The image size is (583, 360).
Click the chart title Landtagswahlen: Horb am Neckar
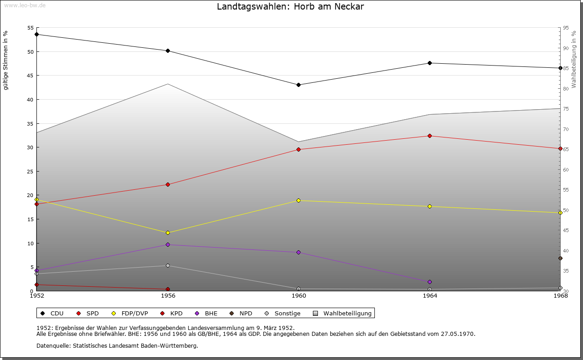click(290, 7)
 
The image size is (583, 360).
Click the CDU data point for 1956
click(168, 51)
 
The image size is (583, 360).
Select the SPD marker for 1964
click(430, 136)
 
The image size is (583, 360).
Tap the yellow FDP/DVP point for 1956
click(168, 233)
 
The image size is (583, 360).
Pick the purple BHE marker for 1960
click(298, 252)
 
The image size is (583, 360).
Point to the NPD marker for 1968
click(560, 258)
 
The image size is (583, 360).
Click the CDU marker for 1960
click(298, 85)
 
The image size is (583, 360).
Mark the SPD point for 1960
click(298, 149)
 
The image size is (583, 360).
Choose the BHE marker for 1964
click(430, 282)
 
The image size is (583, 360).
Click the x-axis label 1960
click(298, 296)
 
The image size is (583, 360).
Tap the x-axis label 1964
click(430, 296)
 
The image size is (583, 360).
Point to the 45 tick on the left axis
click(31, 76)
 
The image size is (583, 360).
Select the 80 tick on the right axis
click(566, 89)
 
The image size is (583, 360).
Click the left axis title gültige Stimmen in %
click(5, 61)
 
